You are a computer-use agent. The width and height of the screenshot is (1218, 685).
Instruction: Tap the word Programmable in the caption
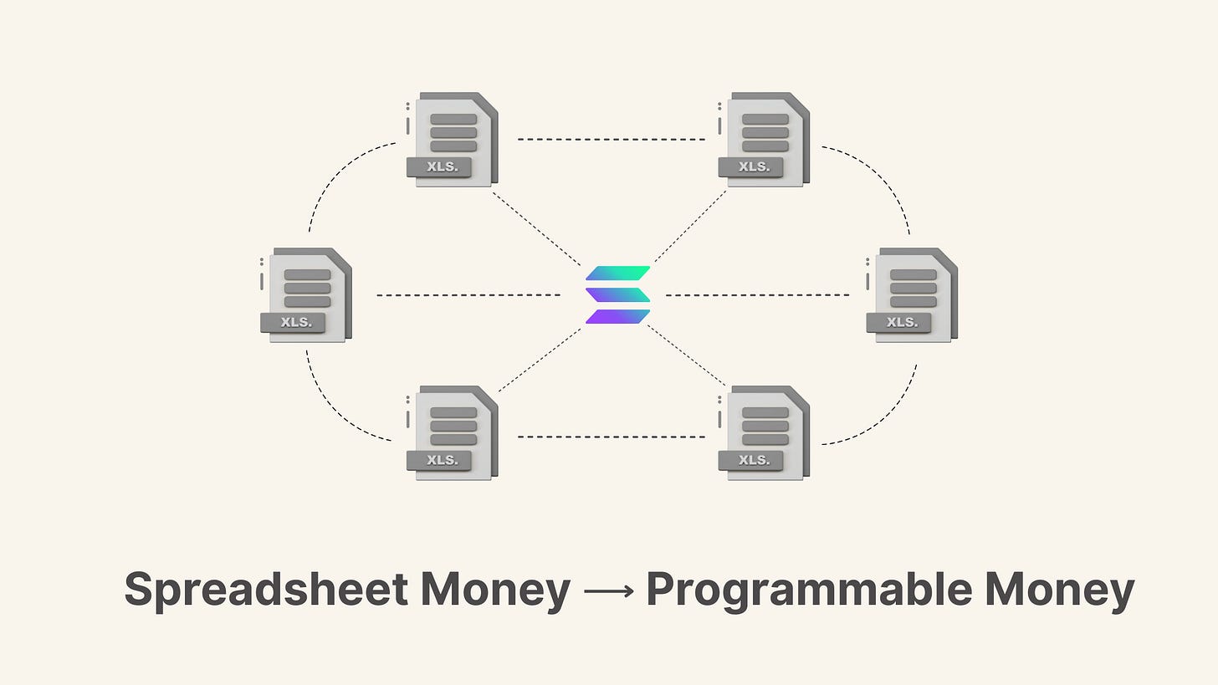point(808,590)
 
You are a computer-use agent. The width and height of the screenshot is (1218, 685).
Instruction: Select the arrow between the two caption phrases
point(608,590)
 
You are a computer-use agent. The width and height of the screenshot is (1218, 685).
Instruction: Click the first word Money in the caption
point(494,590)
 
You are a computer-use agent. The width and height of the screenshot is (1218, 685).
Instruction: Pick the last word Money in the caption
point(1059,590)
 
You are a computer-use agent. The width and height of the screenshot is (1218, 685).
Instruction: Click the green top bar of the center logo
point(618,273)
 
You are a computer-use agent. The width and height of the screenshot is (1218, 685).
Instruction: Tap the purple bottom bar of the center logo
point(618,316)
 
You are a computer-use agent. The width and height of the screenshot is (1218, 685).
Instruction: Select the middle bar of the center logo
point(618,294)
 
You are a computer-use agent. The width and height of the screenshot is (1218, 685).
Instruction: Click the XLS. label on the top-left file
point(441,166)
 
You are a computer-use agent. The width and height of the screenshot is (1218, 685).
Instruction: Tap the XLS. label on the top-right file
point(753,166)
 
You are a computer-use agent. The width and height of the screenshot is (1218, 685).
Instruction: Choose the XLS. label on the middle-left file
point(295,322)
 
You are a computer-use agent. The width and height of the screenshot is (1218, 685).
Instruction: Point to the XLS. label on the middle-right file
point(901,322)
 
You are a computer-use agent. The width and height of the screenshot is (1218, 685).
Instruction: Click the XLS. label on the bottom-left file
point(441,460)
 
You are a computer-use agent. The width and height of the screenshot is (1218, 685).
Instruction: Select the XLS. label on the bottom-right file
point(753,460)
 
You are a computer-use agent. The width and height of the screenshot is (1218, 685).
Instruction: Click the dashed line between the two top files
point(612,139)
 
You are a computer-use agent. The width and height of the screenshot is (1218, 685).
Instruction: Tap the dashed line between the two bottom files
point(612,437)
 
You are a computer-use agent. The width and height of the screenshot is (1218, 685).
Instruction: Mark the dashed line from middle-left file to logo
point(468,295)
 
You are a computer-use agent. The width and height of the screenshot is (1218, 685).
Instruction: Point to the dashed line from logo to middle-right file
point(757,295)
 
